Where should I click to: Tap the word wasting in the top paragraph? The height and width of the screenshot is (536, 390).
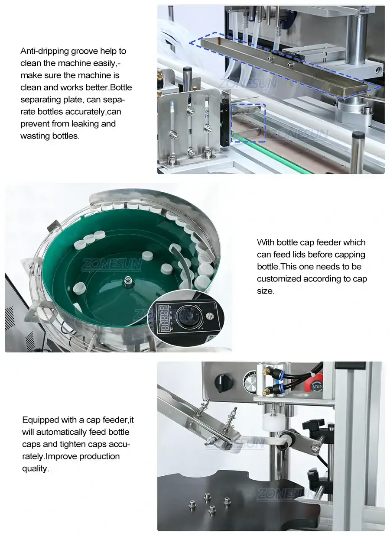click(x=35, y=136)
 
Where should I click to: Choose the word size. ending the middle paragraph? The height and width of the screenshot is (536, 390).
click(x=265, y=291)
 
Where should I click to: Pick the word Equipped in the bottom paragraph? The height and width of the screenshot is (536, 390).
click(x=39, y=420)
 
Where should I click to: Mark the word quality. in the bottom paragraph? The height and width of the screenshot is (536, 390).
click(x=36, y=468)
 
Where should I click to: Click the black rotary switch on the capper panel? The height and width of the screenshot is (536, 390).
click(x=224, y=383)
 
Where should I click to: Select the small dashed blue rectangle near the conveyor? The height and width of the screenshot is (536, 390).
click(x=248, y=123)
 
